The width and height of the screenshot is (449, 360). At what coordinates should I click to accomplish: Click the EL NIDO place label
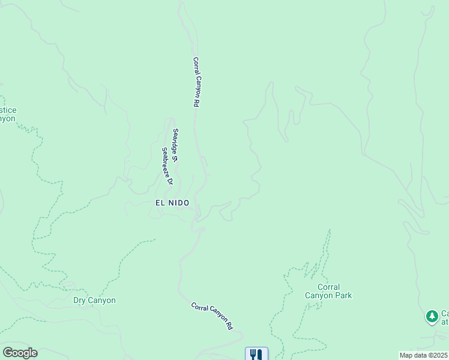[x=172, y=203]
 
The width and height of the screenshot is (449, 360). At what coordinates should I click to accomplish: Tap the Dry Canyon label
[x=94, y=301]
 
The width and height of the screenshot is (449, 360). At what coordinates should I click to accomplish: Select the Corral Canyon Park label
[x=328, y=291]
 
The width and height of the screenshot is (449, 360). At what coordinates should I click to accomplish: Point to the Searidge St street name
[x=175, y=146]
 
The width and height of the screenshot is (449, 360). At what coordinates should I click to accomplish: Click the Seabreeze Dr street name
[x=166, y=166]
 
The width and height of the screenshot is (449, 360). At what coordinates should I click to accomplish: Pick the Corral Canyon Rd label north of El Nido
[x=196, y=82]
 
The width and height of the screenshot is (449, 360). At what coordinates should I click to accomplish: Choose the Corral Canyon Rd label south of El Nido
[x=212, y=316]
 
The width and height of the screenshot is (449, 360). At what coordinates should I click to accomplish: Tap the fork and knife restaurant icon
[x=256, y=354]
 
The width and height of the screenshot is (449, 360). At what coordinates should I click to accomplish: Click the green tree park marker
[x=432, y=316]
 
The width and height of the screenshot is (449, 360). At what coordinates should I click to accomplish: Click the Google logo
[x=20, y=353]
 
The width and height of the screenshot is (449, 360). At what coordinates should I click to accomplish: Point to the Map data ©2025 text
[x=423, y=355]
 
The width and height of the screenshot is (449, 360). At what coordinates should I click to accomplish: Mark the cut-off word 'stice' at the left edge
[x=8, y=110]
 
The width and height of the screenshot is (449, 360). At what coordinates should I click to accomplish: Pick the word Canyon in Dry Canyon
[x=102, y=301]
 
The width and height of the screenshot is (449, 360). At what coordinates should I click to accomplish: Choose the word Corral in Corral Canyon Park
[x=328, y=287]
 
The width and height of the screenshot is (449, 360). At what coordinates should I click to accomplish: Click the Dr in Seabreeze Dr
[x=169, y=181]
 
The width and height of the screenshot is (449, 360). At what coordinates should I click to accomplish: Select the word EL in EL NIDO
[x=160, y=203]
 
